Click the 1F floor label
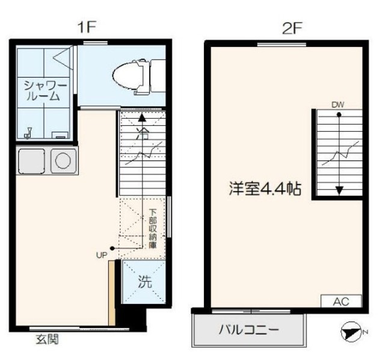point(87,27)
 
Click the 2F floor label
point(291,28)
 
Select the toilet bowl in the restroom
point(128,76)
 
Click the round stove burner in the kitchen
point(63,161)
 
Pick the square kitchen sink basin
point(32,161)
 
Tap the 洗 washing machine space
point(144,282)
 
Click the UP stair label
point(102,256)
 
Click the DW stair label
point(338,105)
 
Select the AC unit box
point(341,301)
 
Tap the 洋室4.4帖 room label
point(265,188)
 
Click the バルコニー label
point(249,329)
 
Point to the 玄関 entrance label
point(48,340)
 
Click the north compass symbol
point(351,332)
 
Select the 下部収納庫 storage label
point(153,229)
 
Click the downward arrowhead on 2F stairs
point(339,190)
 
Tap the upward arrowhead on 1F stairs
point(142,117)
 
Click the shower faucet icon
point(28,132)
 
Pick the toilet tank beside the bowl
point(158,76)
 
